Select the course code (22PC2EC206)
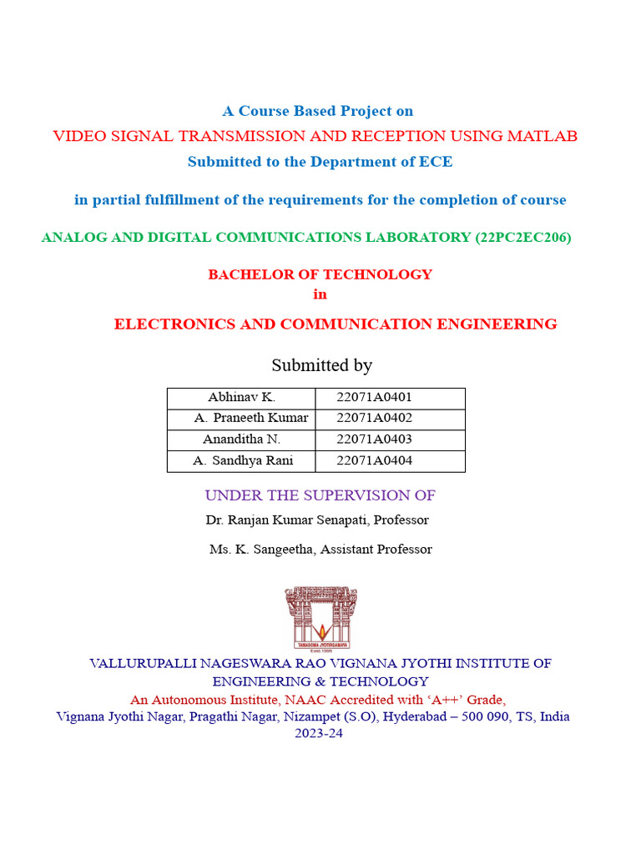coord(522,238)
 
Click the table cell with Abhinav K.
coord(241,398)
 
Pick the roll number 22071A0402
coord(374,419)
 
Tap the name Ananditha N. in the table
coord(241,440)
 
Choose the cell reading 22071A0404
coord(374,460)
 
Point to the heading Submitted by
coord(321,365)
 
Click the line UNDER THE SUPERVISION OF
coord(320,495)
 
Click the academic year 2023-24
coord(318,734)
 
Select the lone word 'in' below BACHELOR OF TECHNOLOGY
coord(320,294)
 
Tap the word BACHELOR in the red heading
coord(244,274)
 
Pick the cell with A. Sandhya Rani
coord(242,460)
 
